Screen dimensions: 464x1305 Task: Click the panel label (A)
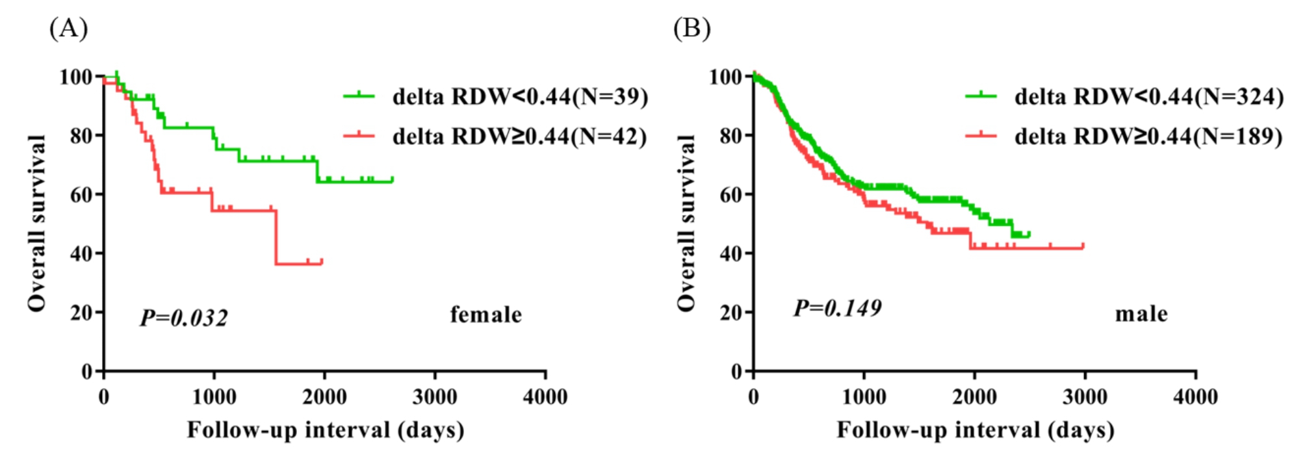68,29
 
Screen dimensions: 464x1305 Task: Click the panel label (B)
691,29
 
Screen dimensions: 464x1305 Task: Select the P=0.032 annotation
184,318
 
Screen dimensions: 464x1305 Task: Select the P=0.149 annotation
837,307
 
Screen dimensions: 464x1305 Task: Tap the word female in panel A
486,315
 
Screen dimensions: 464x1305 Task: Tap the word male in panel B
1141,314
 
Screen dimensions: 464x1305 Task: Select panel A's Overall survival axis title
37,223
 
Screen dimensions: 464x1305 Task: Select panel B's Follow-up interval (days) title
975,430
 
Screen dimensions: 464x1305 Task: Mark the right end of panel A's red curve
322,263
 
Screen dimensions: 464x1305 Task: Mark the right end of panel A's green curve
393,180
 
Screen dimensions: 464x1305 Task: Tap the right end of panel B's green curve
1029,234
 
